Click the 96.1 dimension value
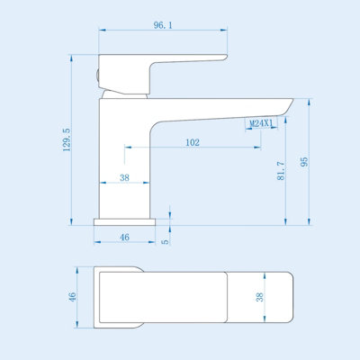coord(163,25)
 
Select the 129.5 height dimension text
coord(67,139)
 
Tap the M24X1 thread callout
coord(262,123)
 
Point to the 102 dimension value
coord(193,142)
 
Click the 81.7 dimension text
coord(281,170)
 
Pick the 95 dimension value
coord(304,162)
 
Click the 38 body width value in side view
coord(124,177)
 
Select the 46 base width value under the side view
coord(124,238)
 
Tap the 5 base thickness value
coord(166,241)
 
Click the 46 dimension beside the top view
coord(73,297)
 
